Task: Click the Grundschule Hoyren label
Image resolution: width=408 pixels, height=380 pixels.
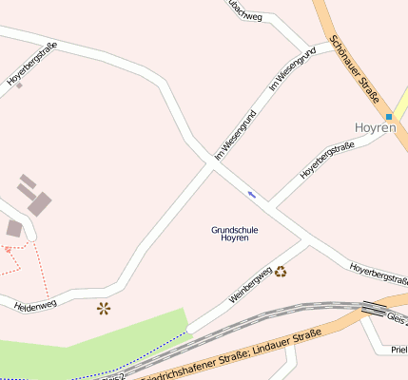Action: click(x=234, y=234)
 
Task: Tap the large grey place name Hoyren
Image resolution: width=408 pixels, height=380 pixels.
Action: click(x=373, y=126)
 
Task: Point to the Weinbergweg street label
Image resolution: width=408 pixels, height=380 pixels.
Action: click(x=251, y=284)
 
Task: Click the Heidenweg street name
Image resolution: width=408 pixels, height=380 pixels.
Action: click(x=35, y=305)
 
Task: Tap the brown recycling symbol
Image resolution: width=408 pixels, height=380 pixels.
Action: click(x=281, y=271)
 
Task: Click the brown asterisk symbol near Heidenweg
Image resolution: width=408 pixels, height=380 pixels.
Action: click(x=103, y=308)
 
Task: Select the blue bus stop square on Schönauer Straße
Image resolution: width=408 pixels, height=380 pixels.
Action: click(x=389, y=117)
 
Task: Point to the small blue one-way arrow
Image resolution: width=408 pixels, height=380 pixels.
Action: click(x=252, y=194)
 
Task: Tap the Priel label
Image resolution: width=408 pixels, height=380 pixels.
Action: click(x=399, y=350)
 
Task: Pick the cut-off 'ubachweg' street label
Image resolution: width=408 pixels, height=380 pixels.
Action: click(x=243, y=9)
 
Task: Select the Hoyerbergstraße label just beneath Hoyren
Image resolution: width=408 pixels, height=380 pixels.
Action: click(x=326, y=160)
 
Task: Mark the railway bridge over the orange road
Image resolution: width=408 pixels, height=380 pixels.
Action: click(x=373, y=310)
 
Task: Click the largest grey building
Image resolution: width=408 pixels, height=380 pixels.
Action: click(x=40, y=202)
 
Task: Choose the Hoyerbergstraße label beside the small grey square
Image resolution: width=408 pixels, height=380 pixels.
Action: click(x=32, y=64)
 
